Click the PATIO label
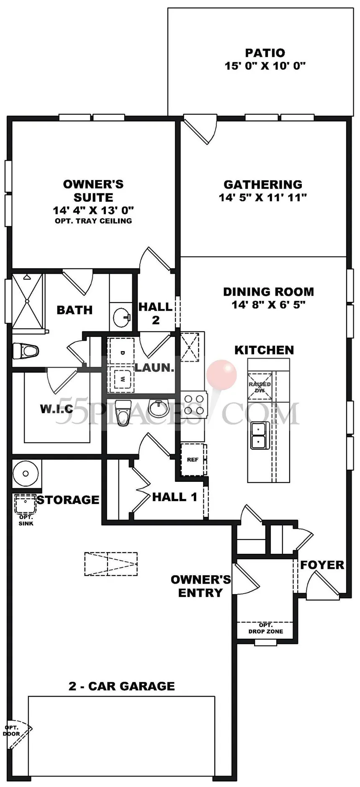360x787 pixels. [265, 53]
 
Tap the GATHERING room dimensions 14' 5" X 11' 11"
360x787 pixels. [263, 198]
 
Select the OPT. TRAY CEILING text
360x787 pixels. [93, 221]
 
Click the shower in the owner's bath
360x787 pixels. [28, 301]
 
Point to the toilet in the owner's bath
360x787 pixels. [26, 350]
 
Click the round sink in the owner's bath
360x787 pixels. [122, 318]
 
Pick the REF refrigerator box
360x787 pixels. [193, 459]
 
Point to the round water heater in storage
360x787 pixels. [26, 473]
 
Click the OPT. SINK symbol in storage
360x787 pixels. [26, 504]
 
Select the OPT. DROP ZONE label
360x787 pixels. [265, 628]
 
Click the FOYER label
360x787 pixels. [322, 565]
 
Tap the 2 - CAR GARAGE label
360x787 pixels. [122, 686]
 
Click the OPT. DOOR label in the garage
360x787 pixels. [11, 731]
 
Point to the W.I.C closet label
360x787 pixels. [57, 409]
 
